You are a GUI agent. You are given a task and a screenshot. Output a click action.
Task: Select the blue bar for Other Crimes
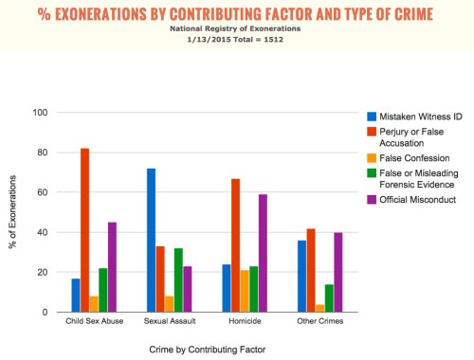click(x=302, y=276)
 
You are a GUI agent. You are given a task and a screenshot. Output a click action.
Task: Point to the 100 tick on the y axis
click(x=40, y=112)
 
